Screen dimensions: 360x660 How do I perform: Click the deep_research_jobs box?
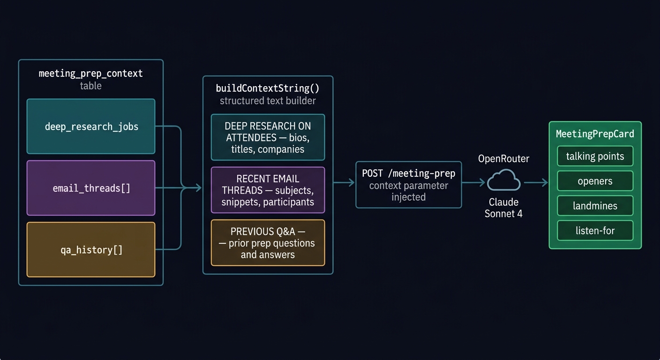91,127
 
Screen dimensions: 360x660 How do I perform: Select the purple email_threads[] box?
91,188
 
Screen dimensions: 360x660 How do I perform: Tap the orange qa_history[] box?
91,249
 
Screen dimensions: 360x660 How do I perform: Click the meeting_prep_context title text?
90,74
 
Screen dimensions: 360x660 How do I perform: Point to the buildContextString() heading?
268,88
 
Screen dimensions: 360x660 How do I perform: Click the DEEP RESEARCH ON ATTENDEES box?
268,137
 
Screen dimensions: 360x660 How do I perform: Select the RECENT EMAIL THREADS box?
268,190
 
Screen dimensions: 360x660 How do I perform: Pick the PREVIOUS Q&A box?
268,243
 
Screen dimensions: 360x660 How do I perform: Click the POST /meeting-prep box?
408,185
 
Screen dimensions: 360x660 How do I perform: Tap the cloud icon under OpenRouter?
504,180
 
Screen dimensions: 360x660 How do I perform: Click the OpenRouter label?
503,159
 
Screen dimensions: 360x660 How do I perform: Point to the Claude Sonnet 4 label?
503,208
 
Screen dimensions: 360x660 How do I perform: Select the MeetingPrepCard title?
595,134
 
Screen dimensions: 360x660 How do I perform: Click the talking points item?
595,157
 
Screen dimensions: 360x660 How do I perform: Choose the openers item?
595,181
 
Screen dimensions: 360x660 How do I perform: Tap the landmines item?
595,206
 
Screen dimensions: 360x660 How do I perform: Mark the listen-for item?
595,231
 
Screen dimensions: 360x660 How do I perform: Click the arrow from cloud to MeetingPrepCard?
536,183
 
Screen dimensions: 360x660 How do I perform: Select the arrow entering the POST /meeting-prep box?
344,183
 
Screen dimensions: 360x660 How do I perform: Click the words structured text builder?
268,101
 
